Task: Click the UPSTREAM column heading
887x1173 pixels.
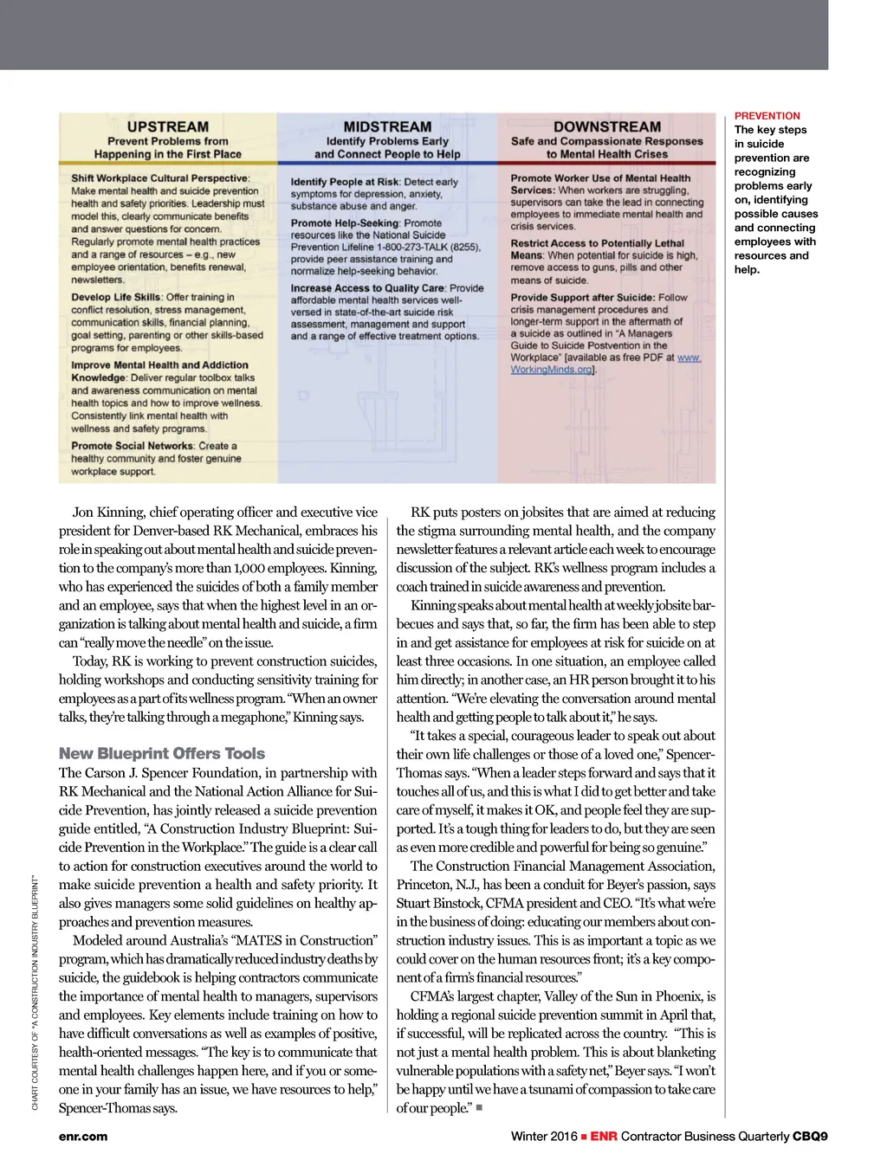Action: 168,126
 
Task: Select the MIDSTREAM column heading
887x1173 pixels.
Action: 387,126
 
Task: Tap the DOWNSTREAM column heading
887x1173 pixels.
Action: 607,126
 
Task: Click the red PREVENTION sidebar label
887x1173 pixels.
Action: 767,115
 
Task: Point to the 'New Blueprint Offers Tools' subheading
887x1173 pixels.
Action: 162,753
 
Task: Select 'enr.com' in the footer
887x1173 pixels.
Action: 83,1136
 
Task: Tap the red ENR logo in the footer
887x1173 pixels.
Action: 604,1136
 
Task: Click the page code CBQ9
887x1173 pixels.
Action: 810,1136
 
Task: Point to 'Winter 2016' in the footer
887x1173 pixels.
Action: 544,1136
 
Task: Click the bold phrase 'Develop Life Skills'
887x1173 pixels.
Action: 116,297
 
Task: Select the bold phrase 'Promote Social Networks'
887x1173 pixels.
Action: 133,446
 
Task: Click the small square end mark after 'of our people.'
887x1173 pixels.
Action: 479,1107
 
